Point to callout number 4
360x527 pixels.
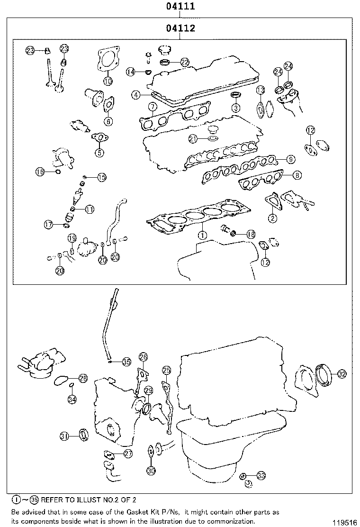click(136, 95)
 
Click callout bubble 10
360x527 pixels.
click(108, 81)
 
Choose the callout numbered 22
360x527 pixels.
click(185, 62)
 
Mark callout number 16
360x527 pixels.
click(40, 172)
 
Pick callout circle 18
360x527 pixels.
click(251, 234)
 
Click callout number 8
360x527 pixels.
click(297, 175)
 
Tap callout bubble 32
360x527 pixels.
click(342, 373)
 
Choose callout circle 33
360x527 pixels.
click(261, 475)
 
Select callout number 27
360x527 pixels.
click(128, 454)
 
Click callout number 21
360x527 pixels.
click(192, 138)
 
